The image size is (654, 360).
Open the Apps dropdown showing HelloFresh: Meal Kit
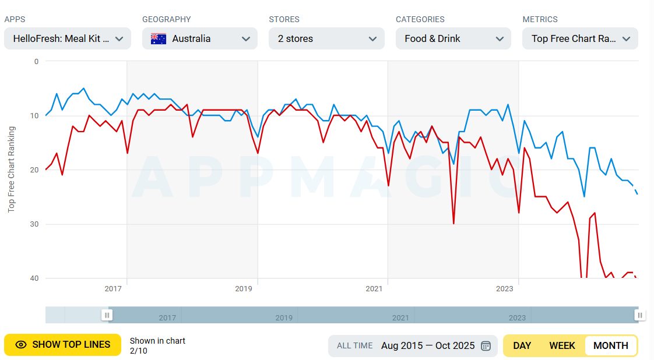[68, 39]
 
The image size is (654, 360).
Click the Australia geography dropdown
[199, 39]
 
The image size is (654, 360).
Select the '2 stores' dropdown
[326, 39]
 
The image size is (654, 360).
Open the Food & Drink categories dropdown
[453, 39]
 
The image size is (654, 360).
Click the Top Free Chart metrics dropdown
[580, 39]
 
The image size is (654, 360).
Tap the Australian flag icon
[159, 39]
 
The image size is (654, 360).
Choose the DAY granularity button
[522, 345]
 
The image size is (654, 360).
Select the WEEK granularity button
[562, 345]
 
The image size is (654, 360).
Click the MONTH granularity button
[610, 345]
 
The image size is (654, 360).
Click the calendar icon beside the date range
[486, 345]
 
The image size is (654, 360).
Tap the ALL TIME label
[354, 345]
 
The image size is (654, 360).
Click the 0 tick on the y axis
[36, 61]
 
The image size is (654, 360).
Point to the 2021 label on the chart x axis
[374, 288]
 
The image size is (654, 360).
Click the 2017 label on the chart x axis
[112, 288]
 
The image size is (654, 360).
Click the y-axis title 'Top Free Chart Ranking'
[11, 169]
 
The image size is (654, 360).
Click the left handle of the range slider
[107, 315]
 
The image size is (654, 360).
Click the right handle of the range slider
[639, 315]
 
